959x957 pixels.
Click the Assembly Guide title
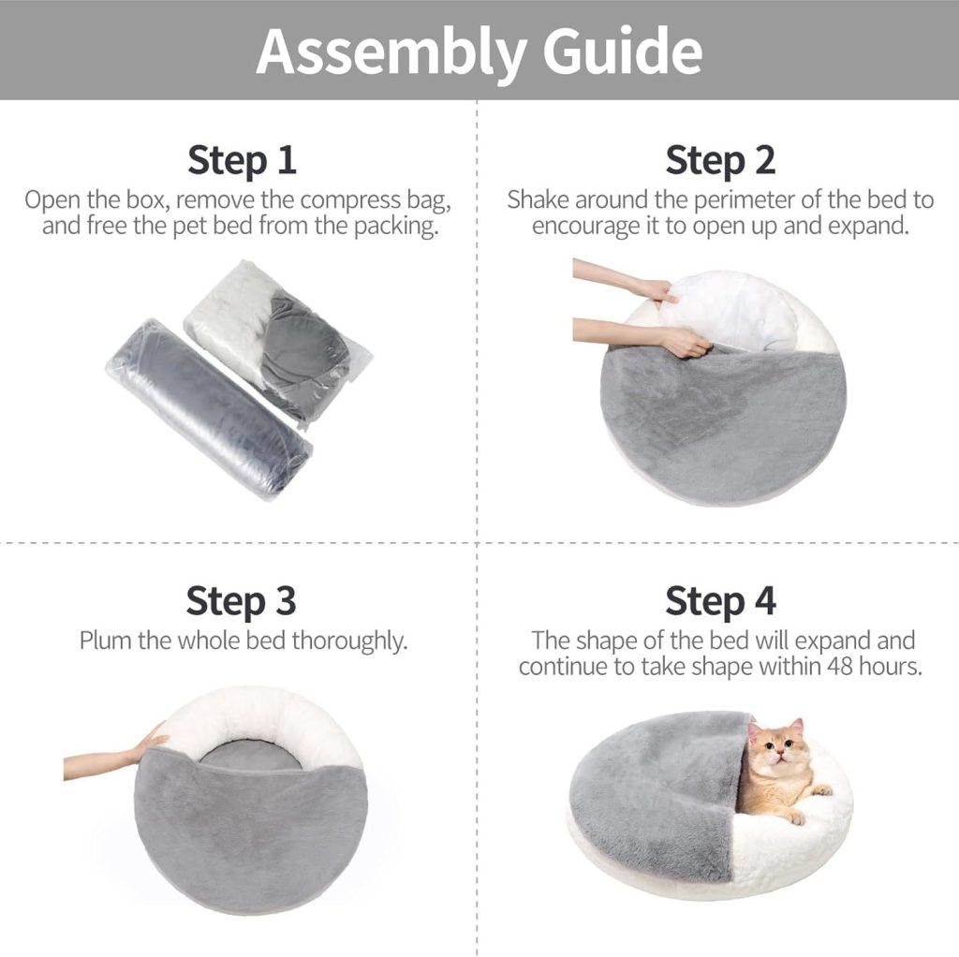479,52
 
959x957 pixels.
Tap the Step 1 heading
242,160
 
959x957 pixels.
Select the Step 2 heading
720,160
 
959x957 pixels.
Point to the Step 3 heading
241,600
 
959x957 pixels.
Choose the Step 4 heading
720,600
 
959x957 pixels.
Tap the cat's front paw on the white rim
820,791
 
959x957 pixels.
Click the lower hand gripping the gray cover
684,342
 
